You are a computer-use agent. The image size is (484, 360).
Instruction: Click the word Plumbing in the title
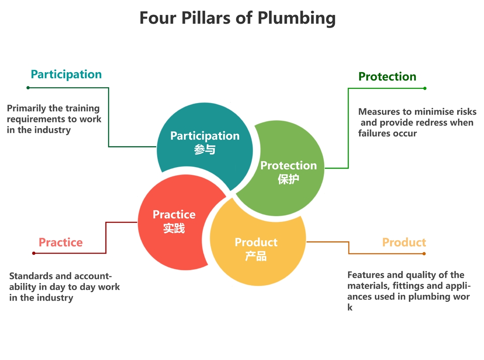pyautogui.click(x=296, y=18)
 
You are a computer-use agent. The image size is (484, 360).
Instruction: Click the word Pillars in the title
pyautogui.click(x=205, y=18)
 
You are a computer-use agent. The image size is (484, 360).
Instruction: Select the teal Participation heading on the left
pyautogui.click(x=66, y=75)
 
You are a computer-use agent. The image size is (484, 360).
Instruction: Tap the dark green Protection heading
pyautogui.click(x=387, y=77)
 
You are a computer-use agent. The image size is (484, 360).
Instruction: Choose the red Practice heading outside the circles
pyautogui.click(x=61, y=242)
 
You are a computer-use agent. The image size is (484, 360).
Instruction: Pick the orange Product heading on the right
pyautogui.click(x=404, y=242)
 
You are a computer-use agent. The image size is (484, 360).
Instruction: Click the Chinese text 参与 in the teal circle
pyautogui.click(x=205, y=150)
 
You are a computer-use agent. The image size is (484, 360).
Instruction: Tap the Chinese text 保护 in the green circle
pyautogui.click(x=288, y=179)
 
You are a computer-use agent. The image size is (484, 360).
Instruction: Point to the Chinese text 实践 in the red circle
pyautogui.click(x=174, y=228)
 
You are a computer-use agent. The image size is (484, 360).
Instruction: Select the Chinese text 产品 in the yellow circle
pyautogui.click(x=256, y=256)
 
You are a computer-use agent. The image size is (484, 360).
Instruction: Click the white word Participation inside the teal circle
pyautogui.click(x=205, y=136)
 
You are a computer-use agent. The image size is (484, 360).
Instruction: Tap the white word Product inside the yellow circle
pyautogui.click(x=256, y=242)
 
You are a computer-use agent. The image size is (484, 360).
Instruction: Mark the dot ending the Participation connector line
pyautogui.click(x=28, y=88)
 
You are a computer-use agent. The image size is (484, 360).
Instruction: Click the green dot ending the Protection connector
pyautogui.click(x=425, y=88)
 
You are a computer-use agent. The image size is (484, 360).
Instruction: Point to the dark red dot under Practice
pyautogui.click(x=33, y=253)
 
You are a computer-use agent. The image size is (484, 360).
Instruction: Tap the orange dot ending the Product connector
pyautogui.click(x=424, y=254)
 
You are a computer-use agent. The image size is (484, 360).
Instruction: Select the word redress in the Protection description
pyautogui.click(x=434, y=123)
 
